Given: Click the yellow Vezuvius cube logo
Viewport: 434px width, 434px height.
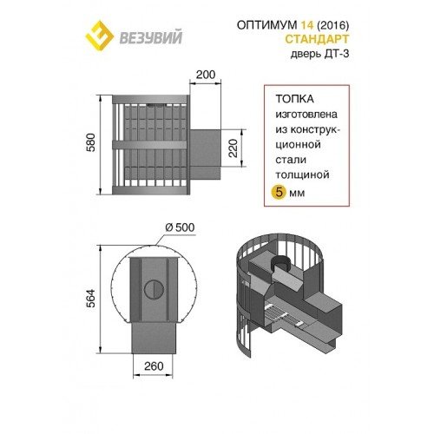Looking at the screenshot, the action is (99, 36).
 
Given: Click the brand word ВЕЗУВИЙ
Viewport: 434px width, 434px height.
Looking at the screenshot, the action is (151, 37).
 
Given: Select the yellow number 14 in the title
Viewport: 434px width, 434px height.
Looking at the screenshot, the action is (307, 25).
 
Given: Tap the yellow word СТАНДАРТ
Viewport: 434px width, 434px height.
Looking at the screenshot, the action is (317, 39).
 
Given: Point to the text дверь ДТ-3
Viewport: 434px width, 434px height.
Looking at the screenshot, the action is (319, 54).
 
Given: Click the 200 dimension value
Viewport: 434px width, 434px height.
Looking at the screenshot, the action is (206, 75).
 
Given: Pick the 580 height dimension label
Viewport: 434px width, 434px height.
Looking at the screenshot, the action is (90, 142).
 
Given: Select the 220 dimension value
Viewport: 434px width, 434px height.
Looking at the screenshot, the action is (233, 148).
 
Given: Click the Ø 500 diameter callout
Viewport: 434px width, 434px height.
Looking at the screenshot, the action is (180, 227).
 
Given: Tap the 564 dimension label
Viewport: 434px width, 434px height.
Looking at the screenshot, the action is (90, 298).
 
